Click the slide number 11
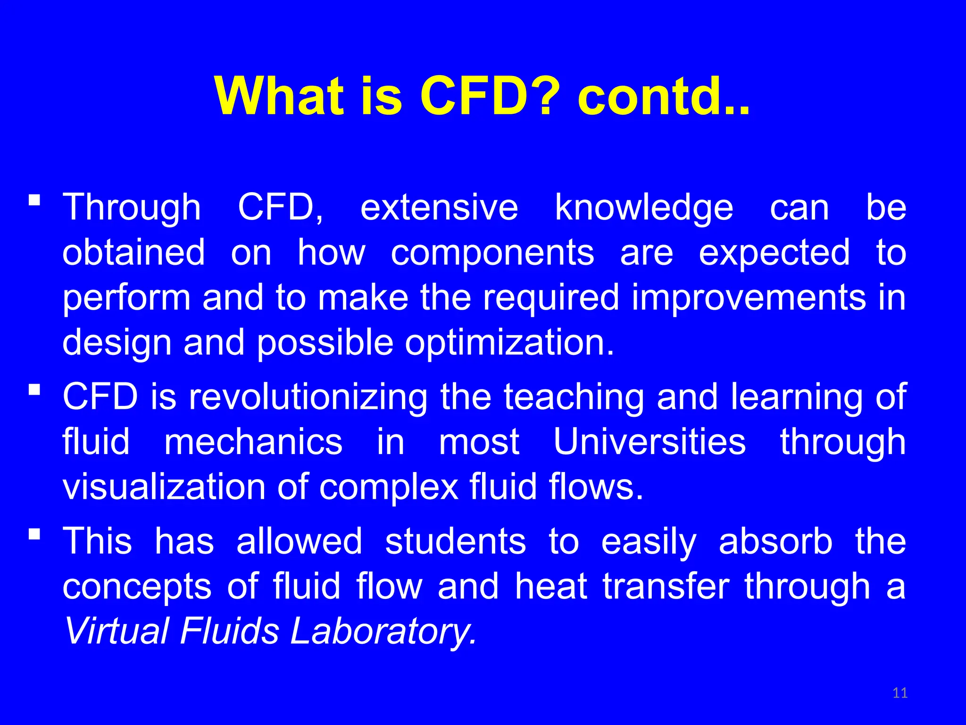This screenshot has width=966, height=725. click(900, 693)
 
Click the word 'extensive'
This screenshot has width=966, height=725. click(439, 208)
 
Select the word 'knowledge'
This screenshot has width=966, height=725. click(644, 208)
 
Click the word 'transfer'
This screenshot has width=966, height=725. click(666, 586)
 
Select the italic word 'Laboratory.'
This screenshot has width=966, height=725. click(383, 632)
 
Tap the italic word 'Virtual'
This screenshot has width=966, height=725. click(116, 632)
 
